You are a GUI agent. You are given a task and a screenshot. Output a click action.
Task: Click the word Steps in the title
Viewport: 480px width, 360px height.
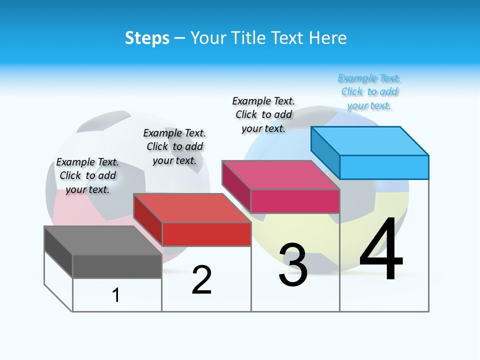point(147,38)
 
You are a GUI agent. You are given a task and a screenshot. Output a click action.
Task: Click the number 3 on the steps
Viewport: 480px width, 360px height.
point(293,265)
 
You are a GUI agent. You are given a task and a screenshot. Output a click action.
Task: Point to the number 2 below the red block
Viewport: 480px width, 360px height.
point(201,280)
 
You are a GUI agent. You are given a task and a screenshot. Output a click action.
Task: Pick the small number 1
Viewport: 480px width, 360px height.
point(116,295)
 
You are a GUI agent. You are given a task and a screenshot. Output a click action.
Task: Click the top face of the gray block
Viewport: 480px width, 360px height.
point(102,240)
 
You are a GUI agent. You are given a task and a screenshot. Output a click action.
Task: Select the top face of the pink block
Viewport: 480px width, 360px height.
point(280,175)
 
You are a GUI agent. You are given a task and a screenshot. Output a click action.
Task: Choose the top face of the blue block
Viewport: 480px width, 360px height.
point(370,141)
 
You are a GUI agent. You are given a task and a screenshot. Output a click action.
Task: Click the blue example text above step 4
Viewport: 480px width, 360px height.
point(369,92)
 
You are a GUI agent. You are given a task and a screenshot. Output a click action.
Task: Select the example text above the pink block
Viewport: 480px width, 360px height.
point(263,114)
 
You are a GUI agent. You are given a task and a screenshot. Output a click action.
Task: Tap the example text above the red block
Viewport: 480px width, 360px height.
point(174,146)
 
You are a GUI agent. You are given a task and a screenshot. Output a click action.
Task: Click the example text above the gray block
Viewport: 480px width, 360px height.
point(87,175)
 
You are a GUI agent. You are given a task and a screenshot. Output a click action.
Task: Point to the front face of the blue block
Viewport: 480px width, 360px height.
point(384,167)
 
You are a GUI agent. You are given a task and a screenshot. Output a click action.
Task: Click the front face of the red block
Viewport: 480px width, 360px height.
point(206,234)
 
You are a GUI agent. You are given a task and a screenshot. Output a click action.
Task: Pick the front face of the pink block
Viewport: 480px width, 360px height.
point(295,201)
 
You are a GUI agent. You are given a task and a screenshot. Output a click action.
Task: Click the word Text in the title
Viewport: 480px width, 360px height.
point(289,38)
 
